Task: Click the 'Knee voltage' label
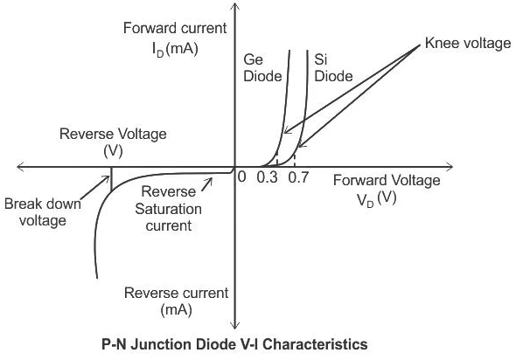(468, 44)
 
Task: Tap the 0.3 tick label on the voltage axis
(268, 177)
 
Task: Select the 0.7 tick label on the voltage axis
(298, 177)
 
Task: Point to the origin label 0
(241, 177)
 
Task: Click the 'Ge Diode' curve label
(262, 68)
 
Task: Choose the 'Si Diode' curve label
(333, 68)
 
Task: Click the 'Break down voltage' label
(43, 212)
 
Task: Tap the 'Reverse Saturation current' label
(168, 209)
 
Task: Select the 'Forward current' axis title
(175, 28)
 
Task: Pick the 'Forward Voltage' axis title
(387, 181)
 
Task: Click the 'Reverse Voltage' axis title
(113, 135)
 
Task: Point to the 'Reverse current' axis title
(176, 294)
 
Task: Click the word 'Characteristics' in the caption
(315, 344)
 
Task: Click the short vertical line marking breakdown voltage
(111, 179)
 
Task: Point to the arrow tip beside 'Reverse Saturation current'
(212, 179)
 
